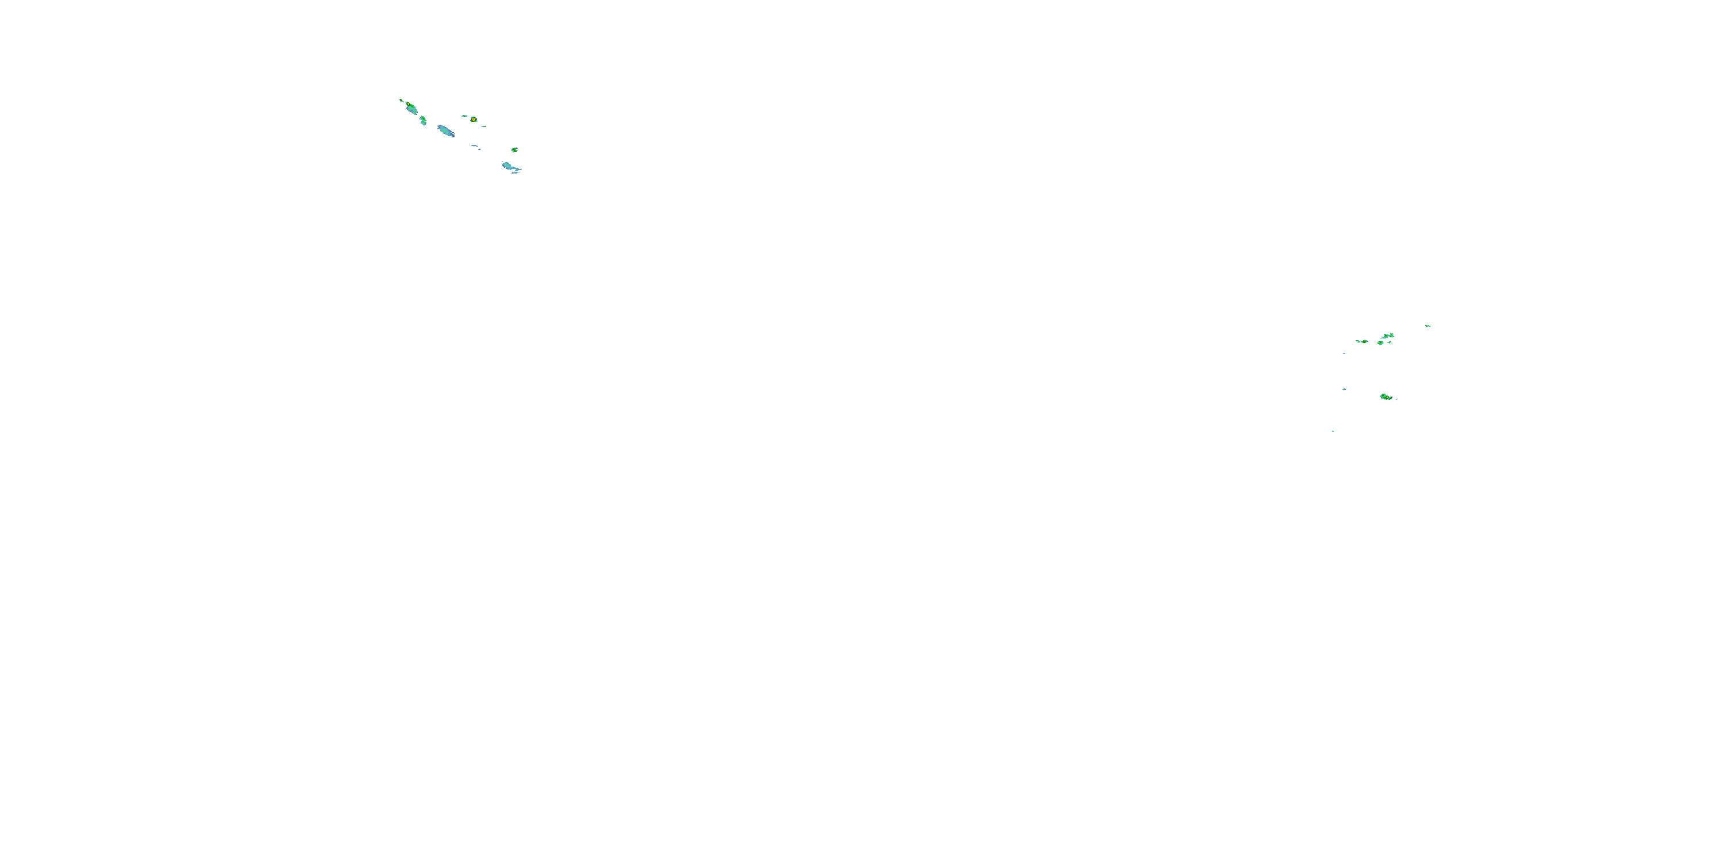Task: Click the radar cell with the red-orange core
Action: coord(473,119)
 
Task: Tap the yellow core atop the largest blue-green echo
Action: coord(407,105)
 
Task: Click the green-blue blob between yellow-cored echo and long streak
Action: coord(423,120)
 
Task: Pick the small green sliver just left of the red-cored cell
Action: coord(464,116)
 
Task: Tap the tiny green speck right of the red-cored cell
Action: coord(483,126)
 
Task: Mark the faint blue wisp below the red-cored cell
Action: coord(475,147)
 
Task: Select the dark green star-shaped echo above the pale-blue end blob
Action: coord(514,150)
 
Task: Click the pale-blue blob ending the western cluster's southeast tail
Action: coord(509,167)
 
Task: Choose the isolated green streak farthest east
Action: coord(1427,326)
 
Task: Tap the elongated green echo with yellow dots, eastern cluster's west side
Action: coord(1361,341)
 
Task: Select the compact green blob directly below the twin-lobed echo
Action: coord(1380,343)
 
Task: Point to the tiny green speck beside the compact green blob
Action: coord(1390,342)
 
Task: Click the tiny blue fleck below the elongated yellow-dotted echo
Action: coord(1344,353)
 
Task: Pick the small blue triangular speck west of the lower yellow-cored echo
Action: coord(1344,389)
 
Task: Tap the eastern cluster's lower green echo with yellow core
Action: coord(1386,397)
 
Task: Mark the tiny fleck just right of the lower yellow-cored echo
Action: coord(1396,399)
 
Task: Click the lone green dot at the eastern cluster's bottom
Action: coord(1333,431)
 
